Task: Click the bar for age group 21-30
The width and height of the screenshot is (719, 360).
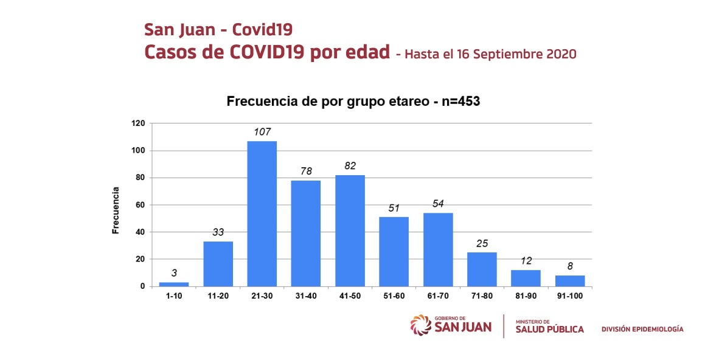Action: click(x=262, y=213)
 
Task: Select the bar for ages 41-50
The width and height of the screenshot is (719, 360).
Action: click(x=350, y=230)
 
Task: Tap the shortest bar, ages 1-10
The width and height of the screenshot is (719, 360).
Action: click(x=174, y=284)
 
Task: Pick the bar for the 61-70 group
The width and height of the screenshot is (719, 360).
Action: click(x=438, y=249)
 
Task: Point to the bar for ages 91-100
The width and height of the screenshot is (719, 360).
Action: click(x=570, y=281)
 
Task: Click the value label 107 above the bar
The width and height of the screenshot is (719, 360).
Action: click(x=262, y=131)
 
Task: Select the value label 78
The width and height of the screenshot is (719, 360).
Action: click(x=306, y=171)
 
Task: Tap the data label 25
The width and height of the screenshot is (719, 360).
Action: click(x=482, y=243)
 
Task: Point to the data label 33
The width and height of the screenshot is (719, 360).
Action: click(x=218, y=232)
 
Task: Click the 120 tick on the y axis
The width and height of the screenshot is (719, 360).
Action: click(x=138, y=123)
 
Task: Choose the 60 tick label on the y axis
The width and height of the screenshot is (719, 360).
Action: click(x=141, y=205)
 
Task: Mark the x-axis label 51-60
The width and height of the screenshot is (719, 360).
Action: click(x=394, y=296)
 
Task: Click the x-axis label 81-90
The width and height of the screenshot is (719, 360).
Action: click(x=526, y=296)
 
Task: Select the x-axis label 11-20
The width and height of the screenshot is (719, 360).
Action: click(x=218, y=296)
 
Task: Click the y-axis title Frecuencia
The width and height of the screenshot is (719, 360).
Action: click(x=115, y=210)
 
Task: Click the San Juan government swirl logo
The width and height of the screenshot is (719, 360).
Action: click(x=420, y=325)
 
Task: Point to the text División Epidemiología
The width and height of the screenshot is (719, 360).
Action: click(x=642, y=329)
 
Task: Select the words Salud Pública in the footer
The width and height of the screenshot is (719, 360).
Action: click(x=549, y=330)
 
